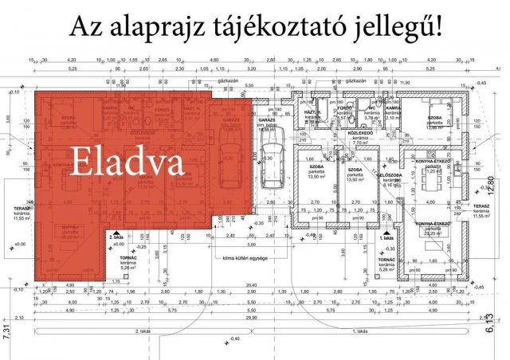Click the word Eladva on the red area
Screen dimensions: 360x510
point(127,162)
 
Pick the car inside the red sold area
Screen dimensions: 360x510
point(226,159)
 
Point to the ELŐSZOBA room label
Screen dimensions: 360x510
point(389,175)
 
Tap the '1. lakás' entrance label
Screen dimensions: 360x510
point(388,237)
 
